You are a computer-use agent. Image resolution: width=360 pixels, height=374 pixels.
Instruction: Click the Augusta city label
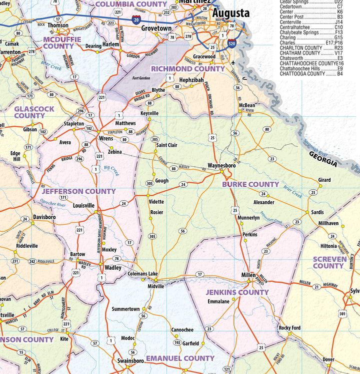click(230, 13)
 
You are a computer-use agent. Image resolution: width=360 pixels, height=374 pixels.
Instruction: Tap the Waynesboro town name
click(221, 165)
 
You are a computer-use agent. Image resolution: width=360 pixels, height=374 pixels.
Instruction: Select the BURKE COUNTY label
click(250, 184)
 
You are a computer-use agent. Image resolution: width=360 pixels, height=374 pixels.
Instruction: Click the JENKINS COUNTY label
click(237, 292)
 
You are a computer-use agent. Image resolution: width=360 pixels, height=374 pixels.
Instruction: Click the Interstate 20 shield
click(136, 19)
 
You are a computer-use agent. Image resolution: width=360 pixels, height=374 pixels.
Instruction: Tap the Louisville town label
click(83, 205)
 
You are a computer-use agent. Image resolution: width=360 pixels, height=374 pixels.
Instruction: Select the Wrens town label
click(106, 138)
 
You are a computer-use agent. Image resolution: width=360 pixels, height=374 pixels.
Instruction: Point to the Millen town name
click(248, 275)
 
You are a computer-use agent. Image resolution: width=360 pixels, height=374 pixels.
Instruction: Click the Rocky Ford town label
click(290, 328)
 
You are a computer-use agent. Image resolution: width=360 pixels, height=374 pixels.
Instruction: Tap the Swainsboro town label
click(130, 361)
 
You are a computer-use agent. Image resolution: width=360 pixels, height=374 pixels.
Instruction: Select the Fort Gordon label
click(141, 78)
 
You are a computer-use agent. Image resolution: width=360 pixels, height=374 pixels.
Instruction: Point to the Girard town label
click(324, 180)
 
